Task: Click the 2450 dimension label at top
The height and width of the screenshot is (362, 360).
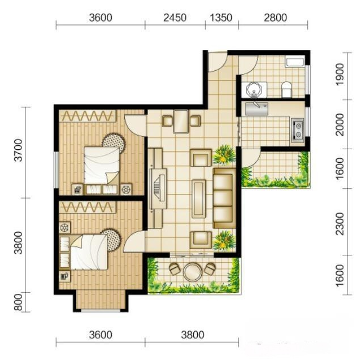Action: coord(175,18)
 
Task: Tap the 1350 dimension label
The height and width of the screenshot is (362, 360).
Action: coord(221,18)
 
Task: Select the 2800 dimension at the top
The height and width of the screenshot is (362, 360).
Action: coord(276,18)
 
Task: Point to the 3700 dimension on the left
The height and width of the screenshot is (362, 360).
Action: coord(19,150)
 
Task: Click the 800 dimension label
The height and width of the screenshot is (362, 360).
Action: coord(19,302)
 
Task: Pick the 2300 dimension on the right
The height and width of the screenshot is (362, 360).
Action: coord(340,224)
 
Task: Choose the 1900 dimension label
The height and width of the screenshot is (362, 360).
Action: coord(340,74)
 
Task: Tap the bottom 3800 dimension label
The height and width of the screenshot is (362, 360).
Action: coord(193,335)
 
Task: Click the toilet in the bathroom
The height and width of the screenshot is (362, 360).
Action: coord(287,89)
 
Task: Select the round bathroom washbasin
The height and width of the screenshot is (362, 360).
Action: coord(254,89)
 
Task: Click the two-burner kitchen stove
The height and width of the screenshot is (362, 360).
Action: coord(298,130)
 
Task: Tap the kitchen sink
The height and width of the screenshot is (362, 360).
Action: coord(257,109)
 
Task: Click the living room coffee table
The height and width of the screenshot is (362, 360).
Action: coord(199,199)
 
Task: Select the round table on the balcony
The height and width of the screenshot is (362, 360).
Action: coord(192,272)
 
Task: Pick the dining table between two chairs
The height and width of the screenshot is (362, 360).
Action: coord(181,121)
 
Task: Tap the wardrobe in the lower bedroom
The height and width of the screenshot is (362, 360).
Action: coord(88,207)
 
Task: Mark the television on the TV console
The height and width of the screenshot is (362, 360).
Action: coord(158,189)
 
